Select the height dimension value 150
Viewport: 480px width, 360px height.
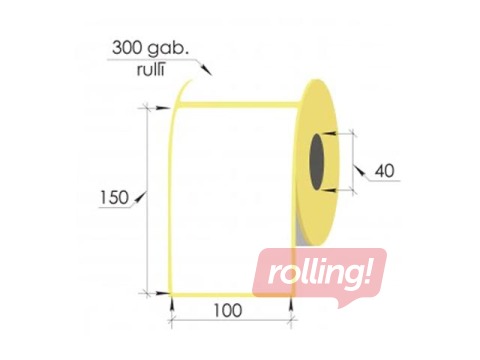click(x=115, y=197)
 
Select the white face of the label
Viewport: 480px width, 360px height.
click(x=230, y=190)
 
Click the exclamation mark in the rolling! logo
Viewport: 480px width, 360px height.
click(x=376, y=273)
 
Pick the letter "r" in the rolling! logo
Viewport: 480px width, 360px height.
click(x=269, y=276)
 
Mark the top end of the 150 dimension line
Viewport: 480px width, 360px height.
click(x=150, y=105)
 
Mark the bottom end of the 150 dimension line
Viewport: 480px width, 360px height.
click(x=150, y=292)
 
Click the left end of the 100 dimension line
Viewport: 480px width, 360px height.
click(x=173, y=320)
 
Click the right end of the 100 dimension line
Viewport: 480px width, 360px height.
click(x=291, y=320)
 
